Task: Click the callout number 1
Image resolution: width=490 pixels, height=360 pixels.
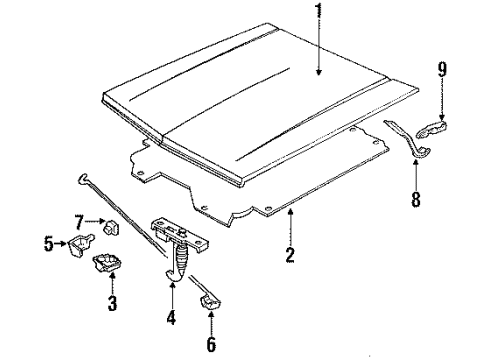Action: (318, 13)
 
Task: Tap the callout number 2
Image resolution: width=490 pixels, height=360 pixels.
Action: (289, 254)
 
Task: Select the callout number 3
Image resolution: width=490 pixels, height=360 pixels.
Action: (111, 302)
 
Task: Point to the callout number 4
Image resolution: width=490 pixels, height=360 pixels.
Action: (171, 320)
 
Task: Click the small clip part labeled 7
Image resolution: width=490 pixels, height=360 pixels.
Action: (112, 225)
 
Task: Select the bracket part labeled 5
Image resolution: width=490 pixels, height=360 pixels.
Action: (77, 245)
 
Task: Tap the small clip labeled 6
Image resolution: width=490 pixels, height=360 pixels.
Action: (210, 302)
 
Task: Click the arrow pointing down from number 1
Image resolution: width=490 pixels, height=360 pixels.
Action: (318, 50)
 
